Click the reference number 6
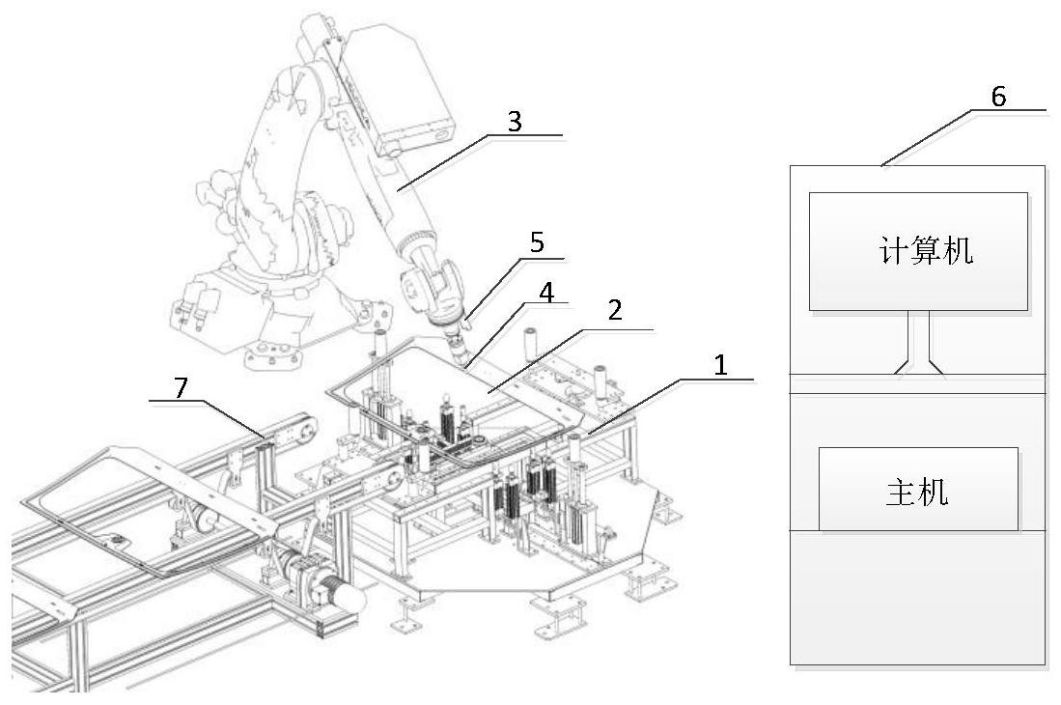click(x=998, y=97)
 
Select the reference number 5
click(x=537, y=242)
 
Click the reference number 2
click(x=615, y=313)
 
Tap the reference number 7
click(x=181, y=385)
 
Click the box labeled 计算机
click(x=917, y=251)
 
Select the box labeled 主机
click(x=917, y=489)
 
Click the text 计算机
click(x=926, y=251)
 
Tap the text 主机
click(x=917, y=493)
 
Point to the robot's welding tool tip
click(x=465, y=362)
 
